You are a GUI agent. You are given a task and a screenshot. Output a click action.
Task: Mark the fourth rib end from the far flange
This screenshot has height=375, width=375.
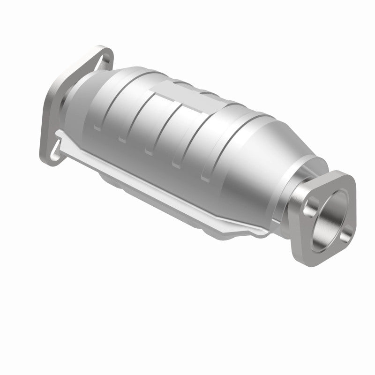coord(177,165)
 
